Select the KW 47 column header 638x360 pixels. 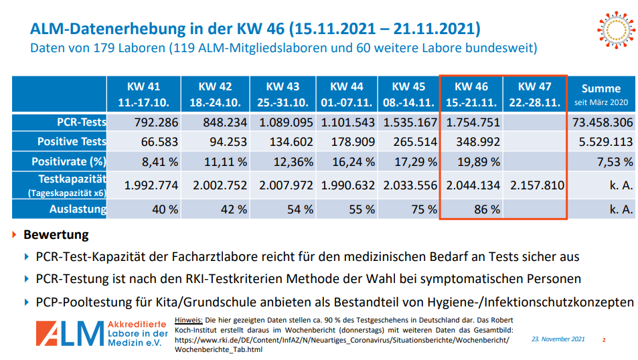click(535, 94)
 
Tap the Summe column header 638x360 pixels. click(601, 94)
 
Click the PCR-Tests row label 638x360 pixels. click(81, 122)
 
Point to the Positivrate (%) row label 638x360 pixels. click(69, 161)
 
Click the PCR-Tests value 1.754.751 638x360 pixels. click(473, 122)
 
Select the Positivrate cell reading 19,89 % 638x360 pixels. click(477, 161)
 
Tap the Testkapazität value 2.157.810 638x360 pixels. click(537, 185)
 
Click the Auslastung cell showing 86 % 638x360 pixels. click(487, 209)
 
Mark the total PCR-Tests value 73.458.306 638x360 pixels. click(603, 122)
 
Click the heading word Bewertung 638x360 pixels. click(56, 235)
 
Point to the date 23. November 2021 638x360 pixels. click(558, 339)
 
